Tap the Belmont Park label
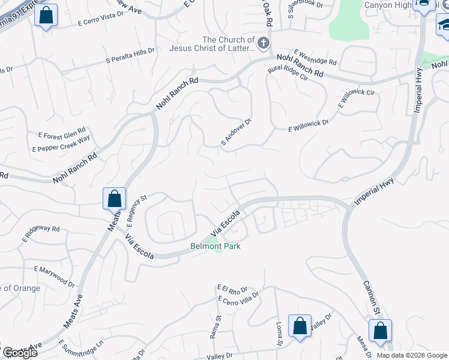[x=215, y=246]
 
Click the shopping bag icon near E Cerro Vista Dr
[x=46, y=15]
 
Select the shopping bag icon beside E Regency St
[x=114, y=198]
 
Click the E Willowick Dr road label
[x=309, y=125]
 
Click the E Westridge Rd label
[x=315, y=58]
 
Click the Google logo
[x=20, y=353]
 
